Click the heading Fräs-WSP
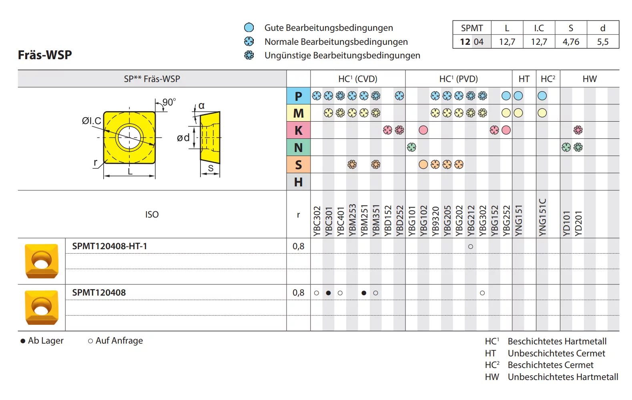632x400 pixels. coord(45,55)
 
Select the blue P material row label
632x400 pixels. coord(298,96)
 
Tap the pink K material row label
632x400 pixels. coord(298,130)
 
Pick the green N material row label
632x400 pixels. coord(298,148)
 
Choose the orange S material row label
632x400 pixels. coord(298,165)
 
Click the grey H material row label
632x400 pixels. coord(298,182)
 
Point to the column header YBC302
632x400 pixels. coord(317,221)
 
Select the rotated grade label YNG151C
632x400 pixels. coord(542,217)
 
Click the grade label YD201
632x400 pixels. coord(578,223)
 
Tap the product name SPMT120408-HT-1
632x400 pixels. coord(110,246)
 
